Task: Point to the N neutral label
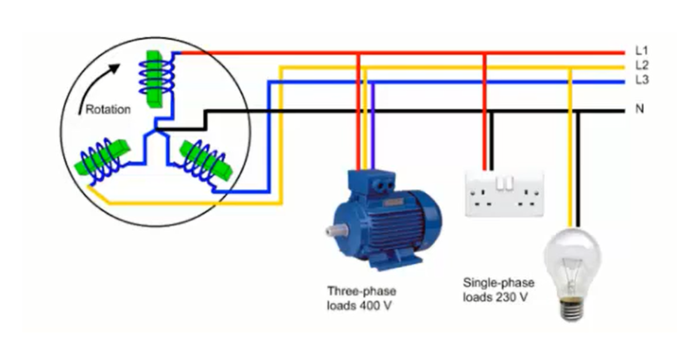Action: click(639, 109)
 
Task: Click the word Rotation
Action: click(108, 109)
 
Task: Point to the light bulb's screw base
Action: click(574, 310)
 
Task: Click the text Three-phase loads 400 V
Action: click(361, 298)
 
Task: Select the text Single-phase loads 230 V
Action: click(498, 290)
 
